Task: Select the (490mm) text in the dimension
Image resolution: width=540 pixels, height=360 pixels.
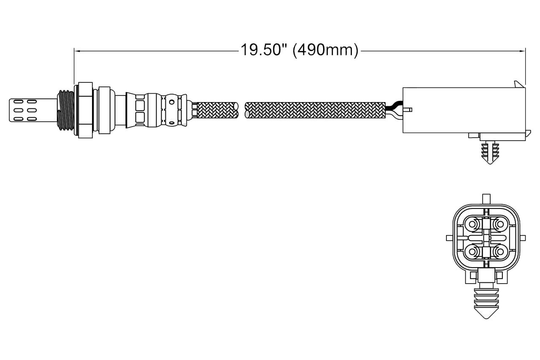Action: coord(325,51)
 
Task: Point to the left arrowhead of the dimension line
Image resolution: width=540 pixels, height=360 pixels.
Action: coord(77,51)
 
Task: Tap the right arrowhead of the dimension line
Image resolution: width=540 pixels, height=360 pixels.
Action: coord(522,51)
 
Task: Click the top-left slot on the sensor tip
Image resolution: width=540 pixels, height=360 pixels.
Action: coord(18,102)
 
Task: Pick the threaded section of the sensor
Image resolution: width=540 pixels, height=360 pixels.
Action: coord(65,111)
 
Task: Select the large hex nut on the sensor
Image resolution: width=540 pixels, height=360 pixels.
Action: coord(86,110)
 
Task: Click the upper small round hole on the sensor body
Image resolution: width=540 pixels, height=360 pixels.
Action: coord(172,102)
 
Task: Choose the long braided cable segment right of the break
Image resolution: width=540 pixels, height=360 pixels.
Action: coord(315,110)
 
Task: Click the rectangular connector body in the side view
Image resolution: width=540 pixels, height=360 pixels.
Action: coord(464,110)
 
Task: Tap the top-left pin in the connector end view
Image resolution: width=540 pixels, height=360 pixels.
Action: coord(472,225)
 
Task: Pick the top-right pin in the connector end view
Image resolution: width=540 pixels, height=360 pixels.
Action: coord(500,225)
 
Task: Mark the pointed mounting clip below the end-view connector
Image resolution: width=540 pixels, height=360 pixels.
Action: coord(486,303)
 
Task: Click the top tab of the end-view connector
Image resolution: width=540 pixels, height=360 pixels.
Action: coord(486,199)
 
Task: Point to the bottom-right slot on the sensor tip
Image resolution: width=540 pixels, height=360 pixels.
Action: coord(32,119)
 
